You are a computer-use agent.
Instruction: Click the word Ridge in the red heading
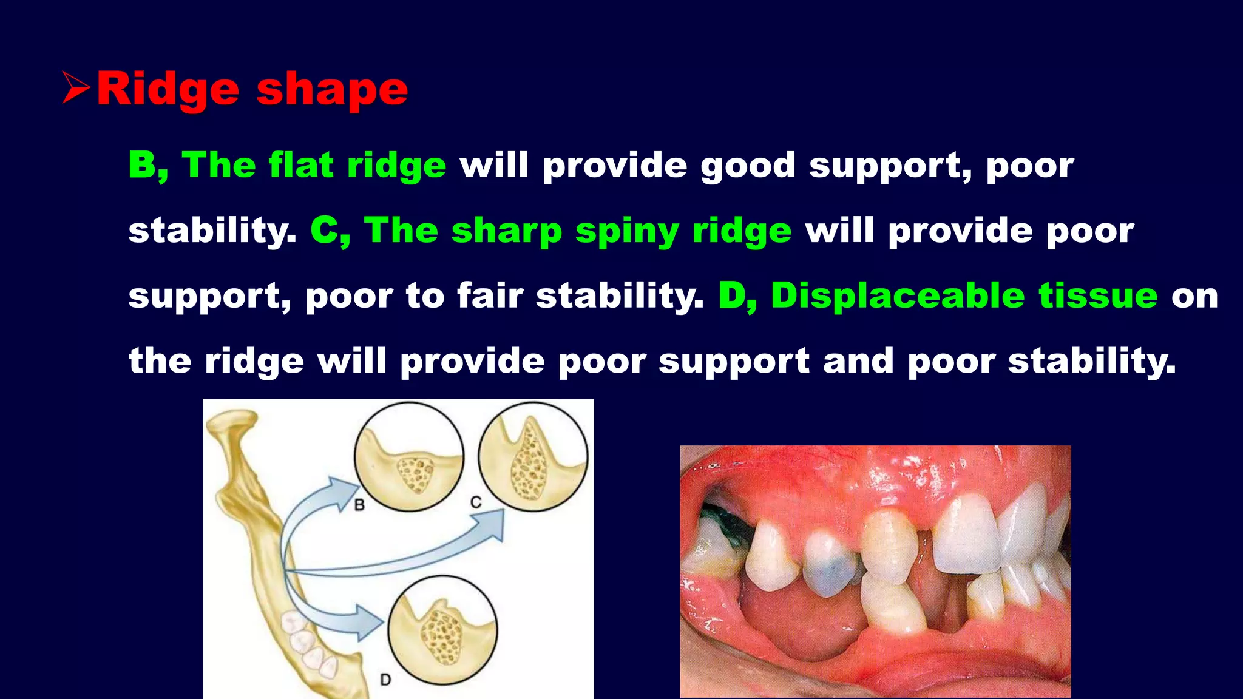tap(168, 90)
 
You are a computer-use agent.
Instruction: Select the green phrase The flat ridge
tap(314, 165)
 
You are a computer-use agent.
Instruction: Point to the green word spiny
tap(627, 232)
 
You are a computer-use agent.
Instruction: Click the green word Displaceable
tap(898, 296)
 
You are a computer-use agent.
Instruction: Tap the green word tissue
tap(1098, 295)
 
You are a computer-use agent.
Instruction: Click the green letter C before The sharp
tap(326, 231)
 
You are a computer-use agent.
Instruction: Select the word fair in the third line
tap(489, 296)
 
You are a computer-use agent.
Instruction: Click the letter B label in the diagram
tap(359, 504)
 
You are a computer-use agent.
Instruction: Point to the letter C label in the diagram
tap(476, 502)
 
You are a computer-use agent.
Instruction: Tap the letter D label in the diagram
tap(385, 680)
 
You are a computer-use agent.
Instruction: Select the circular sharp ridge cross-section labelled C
tap(533, 456)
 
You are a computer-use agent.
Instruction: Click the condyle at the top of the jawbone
tap(232, 422)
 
